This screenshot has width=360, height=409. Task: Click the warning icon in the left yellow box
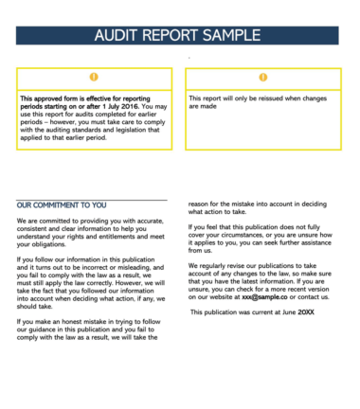[93, 77]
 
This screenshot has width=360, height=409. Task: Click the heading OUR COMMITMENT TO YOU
[62, 204]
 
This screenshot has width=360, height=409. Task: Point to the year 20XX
[305, 311]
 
